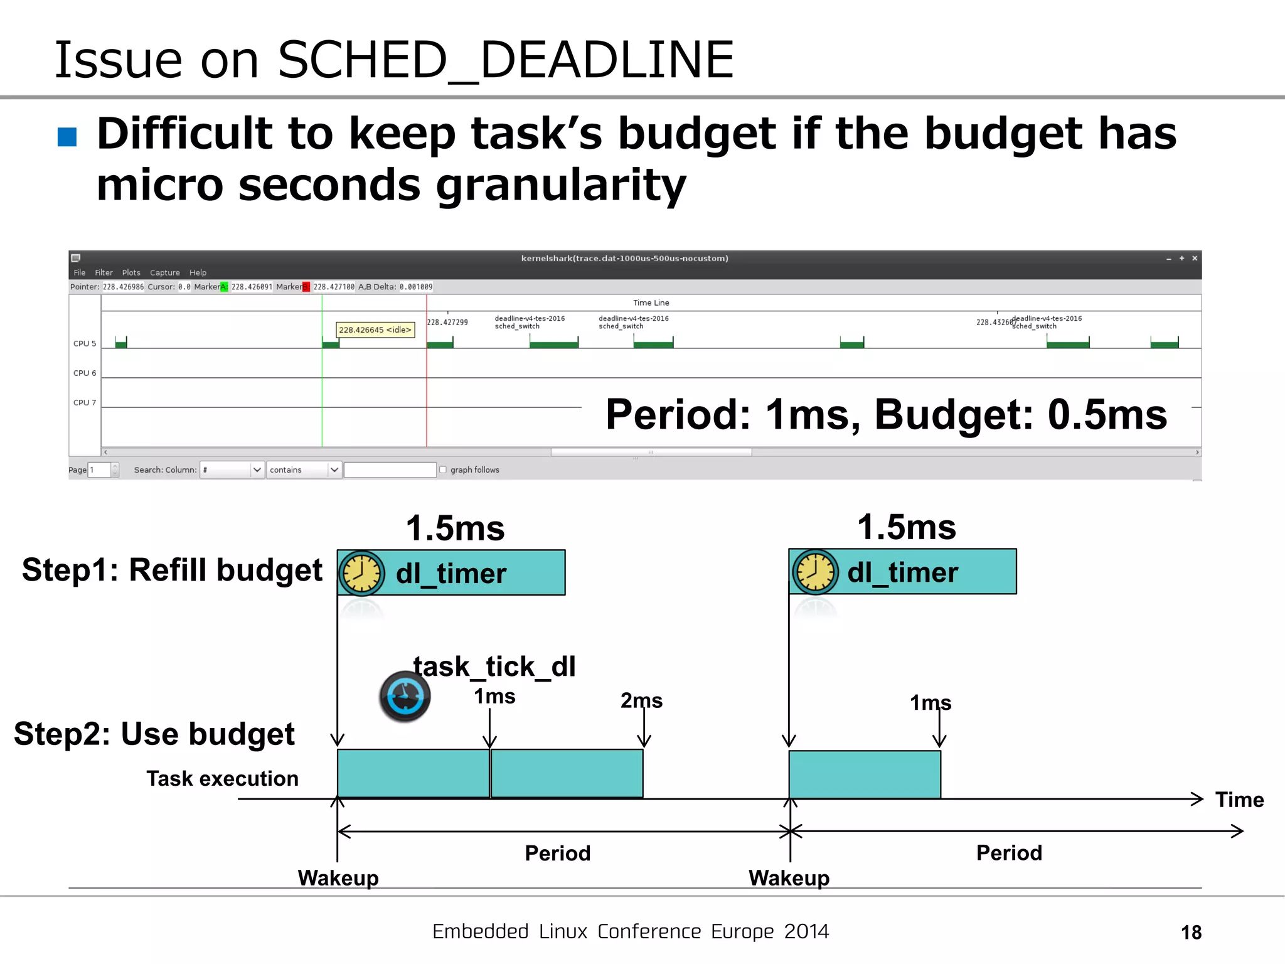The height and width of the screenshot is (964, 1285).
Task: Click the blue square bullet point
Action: click(67, 136)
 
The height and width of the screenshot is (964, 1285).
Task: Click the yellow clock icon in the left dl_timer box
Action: click(361, 573)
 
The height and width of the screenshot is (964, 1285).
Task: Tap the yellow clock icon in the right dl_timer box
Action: click(815, 572)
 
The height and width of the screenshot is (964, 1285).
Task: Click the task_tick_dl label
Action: click(494, 667)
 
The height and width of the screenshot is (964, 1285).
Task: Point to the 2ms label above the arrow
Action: click(641, 700)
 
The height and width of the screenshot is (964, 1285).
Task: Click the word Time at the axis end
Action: click(1239, 800)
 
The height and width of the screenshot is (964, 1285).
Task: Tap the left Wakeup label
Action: click(338, 878)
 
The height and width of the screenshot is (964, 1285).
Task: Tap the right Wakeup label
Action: click(789, 878)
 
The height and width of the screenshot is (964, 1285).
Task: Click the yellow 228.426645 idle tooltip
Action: click(375, 329)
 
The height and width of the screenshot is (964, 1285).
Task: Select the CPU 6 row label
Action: click(85, 373)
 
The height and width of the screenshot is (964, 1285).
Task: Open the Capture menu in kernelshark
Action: click(164, 272)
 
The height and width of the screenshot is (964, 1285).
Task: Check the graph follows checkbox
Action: click(443, 469)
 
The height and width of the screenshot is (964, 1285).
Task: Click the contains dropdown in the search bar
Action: click(304, 469)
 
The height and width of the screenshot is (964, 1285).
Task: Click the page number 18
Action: click(1191, 933)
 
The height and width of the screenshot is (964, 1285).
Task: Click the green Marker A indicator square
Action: click(224, 287)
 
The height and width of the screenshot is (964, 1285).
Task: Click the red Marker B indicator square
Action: click(306, 287)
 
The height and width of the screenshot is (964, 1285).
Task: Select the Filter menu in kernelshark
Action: click(104, 272)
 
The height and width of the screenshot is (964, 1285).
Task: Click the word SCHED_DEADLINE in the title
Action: click(506, 60)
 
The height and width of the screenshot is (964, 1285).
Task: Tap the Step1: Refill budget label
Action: click(172, 570)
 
